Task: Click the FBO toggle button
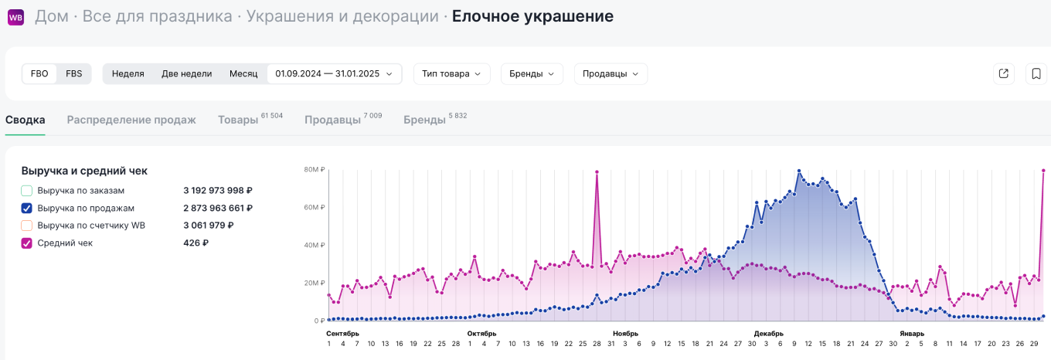pos(39,73)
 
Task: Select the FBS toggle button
pos(74,73)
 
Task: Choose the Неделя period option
pos(128,73)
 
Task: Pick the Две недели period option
pos(186,73)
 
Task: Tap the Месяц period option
pos(243,73)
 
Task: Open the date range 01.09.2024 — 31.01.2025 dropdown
pos(334,73)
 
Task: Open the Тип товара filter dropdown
pos(451,73)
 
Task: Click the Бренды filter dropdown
pos(532,73)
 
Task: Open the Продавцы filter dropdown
pos(611,73)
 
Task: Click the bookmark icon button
pos(1036,73)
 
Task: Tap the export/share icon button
pos(1003,73)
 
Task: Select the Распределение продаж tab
pos(131,120)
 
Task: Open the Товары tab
pos(238,120)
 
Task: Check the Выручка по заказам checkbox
pos(27,190)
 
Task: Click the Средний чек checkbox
pos(27,243)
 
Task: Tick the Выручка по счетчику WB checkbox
pos(27,226)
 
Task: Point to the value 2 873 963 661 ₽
pos(218,208)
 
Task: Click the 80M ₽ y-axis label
pos(314,169)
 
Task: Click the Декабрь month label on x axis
pos(769,334)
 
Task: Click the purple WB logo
pos(15,16)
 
